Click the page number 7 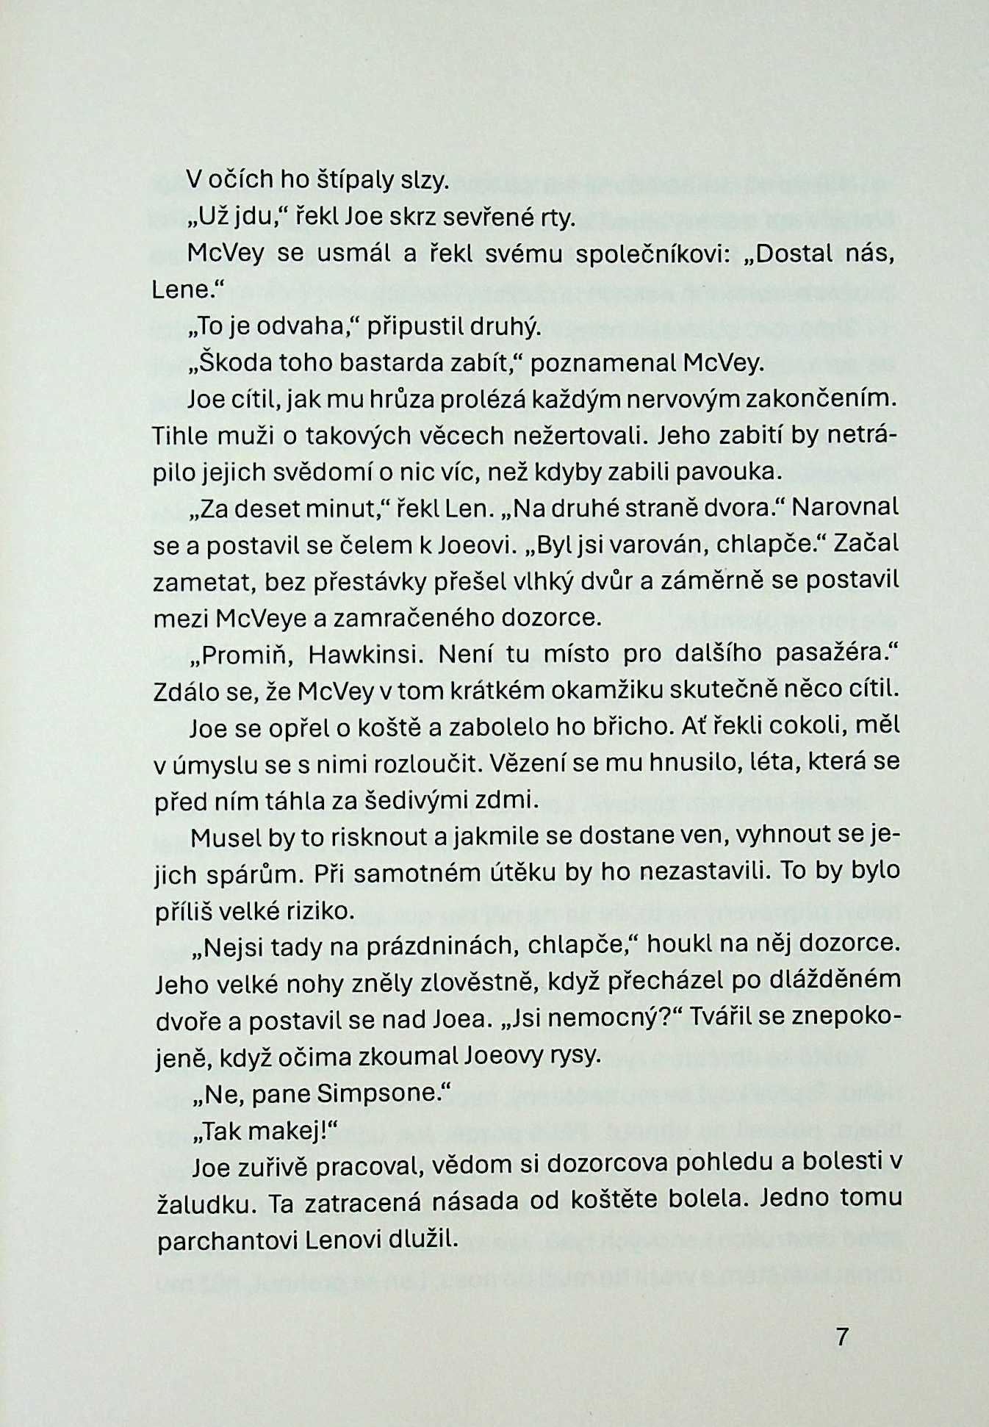(842, 1336)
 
